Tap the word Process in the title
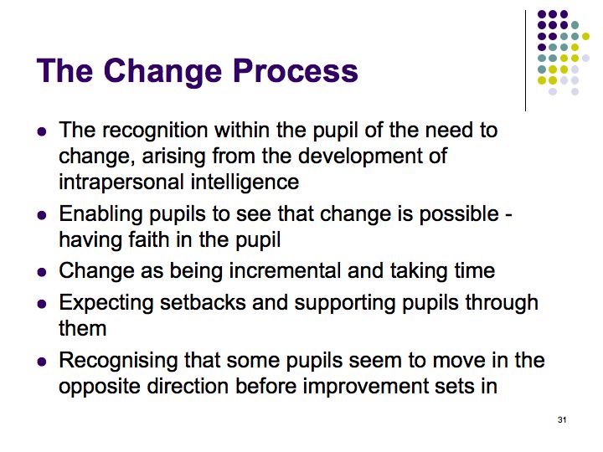coord(296,70)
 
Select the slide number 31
coord(562,419)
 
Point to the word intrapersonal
coord(121,183)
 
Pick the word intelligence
coord(245,183)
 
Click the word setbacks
coord(203,302)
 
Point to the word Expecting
coord(106,304)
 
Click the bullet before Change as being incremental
coord(42,272)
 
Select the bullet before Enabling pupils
coord(42,215)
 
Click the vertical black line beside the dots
coord(525,61)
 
